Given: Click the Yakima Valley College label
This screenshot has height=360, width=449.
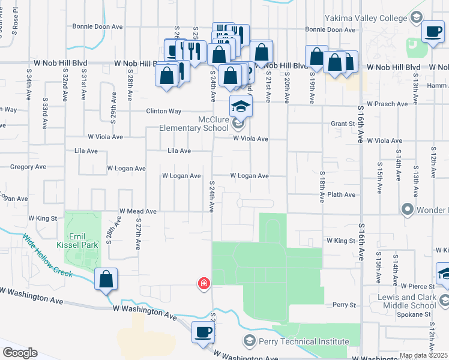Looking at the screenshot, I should [x=366, y=19].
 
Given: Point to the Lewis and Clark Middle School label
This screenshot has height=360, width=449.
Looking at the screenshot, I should [x=414, y=302].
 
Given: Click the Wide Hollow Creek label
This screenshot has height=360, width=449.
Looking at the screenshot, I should [x=48, y=256].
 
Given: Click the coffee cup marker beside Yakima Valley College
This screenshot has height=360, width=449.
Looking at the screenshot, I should [x=433, y=32].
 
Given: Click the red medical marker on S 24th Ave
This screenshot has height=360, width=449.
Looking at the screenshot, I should [x=204, y=283].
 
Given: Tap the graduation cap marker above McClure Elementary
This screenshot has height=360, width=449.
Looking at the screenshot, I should [x=241, y=106].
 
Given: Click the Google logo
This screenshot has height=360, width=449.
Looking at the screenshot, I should [x=20, y=353].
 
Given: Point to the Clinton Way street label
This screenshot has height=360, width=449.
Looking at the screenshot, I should [x=164, y=112].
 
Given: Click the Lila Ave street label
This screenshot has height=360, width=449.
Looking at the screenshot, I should [x=179, y=151].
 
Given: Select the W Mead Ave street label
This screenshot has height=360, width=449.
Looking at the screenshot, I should [x=138, y=211].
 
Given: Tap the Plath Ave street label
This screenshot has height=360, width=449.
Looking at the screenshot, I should [x=342, y=195].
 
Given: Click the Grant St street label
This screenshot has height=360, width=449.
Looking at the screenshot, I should [x=343, y=124].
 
